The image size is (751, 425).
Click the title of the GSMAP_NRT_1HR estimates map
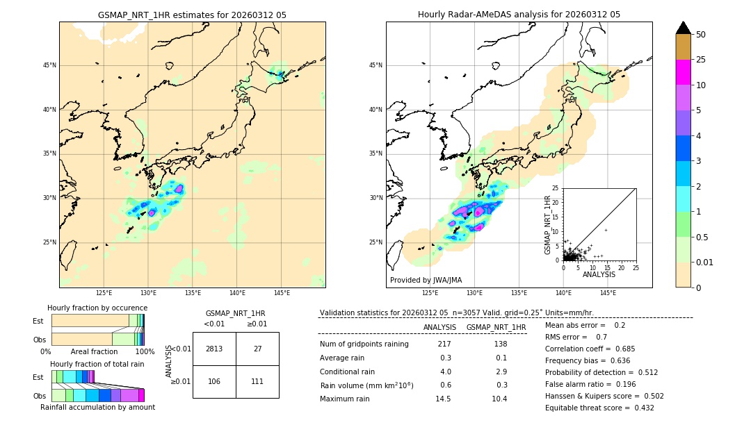(x=192, y=15)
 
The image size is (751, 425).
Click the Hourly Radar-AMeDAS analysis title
(x=519, y=15)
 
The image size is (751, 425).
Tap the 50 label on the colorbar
(x=701, y=35)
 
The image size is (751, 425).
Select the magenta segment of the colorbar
(x=683, y=72)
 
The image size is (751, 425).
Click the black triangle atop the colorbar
(x=683, y=28)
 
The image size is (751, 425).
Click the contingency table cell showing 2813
(x=214, y=349)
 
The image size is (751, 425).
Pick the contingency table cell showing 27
(x=257, y=349)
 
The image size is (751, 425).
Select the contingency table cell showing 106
(x=214, y=381)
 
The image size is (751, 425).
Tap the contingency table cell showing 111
(x=257, y=381)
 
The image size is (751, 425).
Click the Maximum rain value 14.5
(x=443, y=399)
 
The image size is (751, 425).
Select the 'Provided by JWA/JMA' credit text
(x=426, y=281)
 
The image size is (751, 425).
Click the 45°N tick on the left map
(x=49, y=65)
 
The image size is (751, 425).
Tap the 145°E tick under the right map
(x=608, y=293)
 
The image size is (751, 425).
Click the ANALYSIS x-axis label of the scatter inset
(x=599, y=274)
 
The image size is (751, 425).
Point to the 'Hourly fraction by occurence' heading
(x=97, y=308)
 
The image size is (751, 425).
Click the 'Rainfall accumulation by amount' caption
(x=97, y=407)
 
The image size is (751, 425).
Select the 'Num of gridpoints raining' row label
(x=364, y=344)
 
